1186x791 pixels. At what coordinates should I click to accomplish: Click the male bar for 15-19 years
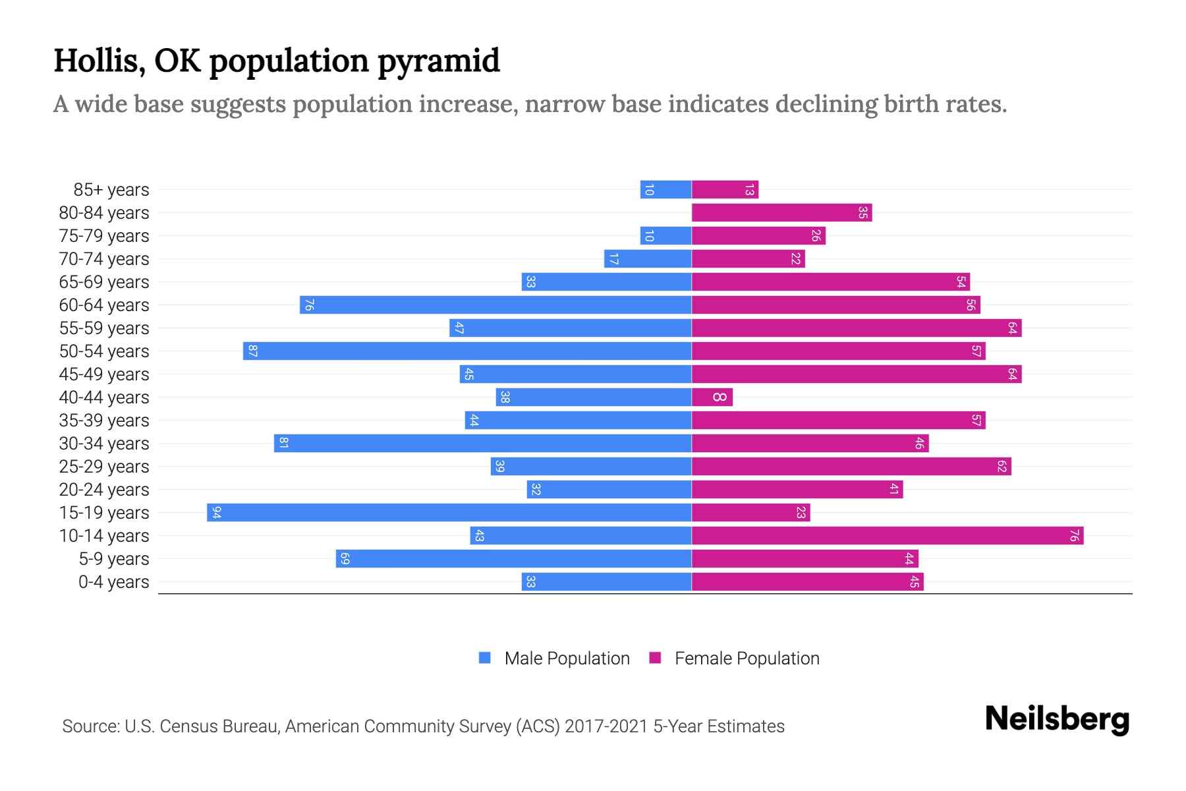click(x=449, y=512)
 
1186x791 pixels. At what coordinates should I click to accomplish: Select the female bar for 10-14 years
click(x=887, y=535)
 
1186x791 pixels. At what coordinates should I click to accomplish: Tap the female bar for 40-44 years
click(x=712, y=397)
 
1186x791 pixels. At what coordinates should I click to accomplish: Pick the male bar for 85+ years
click(x=665, y=189)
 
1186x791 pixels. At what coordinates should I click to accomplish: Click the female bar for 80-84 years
click(x=781, y=212)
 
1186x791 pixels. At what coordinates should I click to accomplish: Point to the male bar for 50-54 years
click(x=467, y=351)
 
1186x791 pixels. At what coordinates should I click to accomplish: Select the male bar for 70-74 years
click(x=648, y=258)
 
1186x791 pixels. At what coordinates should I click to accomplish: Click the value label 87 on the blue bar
click(x=252, y=351)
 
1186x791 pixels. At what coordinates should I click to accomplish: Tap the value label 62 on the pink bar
click(x=1002, y=466)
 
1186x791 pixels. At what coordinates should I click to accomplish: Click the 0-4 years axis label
click(x=113, y=582)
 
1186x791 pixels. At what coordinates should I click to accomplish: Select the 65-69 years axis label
click(x=104, y=282)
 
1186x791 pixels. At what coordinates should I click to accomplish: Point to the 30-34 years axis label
click(x=104, y=444)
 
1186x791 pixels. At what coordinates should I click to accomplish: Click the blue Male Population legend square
click(x=485, y=658)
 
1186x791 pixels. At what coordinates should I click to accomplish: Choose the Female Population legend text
click(x=747, y=658)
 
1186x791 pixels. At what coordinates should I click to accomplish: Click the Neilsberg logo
click(x=1056, y=719)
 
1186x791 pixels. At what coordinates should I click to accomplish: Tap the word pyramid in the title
click(x=438, y=61)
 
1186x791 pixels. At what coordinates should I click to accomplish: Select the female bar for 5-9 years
click(x=805, y=558)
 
